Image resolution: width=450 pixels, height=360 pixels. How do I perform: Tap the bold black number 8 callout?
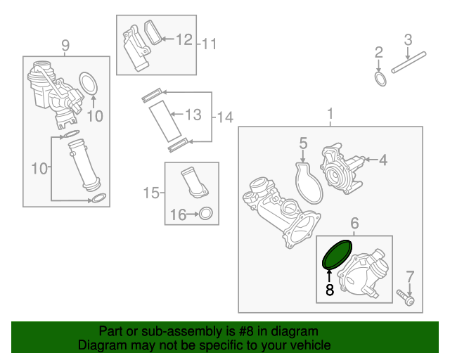click(330, 290)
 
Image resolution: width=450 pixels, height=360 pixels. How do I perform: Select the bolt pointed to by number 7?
click(406, 297)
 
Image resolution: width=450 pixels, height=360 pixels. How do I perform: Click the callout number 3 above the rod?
click(408, 40)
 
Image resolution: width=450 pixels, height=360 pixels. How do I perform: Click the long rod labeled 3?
click(409, 62)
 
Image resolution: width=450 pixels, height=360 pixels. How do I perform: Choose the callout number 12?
click(184, 39)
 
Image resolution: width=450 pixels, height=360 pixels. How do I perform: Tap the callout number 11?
click(210, 44)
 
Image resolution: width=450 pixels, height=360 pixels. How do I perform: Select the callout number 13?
click(193, 115)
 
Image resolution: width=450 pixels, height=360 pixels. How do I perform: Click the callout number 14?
click(225, 117)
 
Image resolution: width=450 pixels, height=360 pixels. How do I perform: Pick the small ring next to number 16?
click(206, 213)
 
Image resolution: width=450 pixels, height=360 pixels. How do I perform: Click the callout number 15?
click(151, 193)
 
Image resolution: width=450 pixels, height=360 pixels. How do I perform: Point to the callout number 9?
click(65, 45)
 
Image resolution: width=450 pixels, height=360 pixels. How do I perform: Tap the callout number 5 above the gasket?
click(303, 143)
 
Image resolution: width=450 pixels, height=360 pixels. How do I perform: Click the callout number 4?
click(383, 160)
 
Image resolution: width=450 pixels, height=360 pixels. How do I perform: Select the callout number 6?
click(354, 223)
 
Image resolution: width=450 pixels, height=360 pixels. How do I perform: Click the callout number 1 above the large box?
click(330, 114)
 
